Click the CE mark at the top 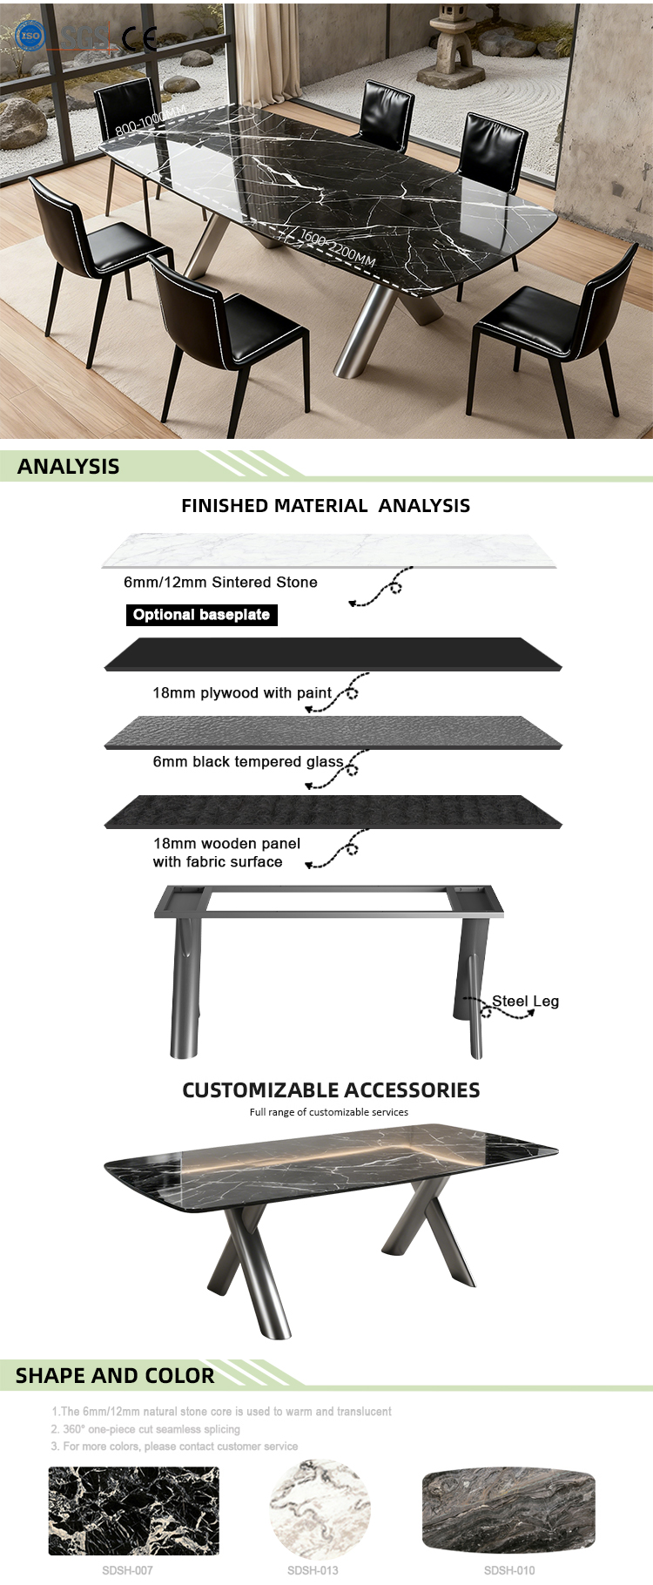[139, 38]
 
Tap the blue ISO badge [30, 36]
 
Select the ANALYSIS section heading [69, 467]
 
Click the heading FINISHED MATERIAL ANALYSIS [326, 506]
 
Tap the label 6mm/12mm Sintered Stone [220, 583]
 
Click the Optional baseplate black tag [201, 615]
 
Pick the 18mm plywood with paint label [242, 693]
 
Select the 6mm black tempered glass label [248, 762]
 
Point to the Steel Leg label [525, 1002]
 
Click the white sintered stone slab [329, 550]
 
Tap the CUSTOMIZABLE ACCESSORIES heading [331, 1090]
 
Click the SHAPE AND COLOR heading [115, 1376]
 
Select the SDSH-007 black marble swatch [133, 1511]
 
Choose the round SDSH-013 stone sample [320, 1511]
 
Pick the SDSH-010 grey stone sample [508, 1510]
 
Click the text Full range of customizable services [328, 1112]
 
